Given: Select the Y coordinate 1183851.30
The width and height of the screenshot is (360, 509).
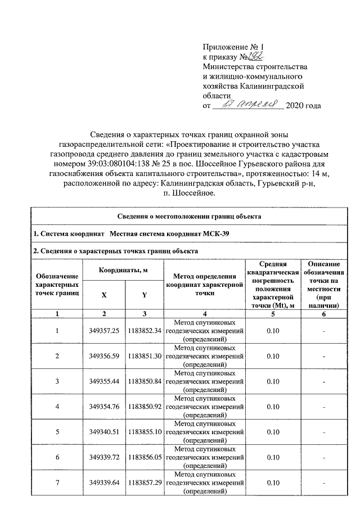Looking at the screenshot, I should tap(145, 356).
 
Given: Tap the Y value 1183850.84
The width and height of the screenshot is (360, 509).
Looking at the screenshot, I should tap(145, 381).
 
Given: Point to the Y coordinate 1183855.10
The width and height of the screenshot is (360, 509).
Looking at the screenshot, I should tap(145, 432).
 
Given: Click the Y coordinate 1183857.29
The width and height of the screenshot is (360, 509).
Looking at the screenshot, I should tap(145, 483).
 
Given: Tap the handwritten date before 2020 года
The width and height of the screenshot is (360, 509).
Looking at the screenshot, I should tap(250, 105).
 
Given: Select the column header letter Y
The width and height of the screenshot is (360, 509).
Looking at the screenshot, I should tap(144, 295).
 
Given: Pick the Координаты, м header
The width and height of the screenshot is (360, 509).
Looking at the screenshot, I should tap(123, 271).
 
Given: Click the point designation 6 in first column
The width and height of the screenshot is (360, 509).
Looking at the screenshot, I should tap(57, 457).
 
